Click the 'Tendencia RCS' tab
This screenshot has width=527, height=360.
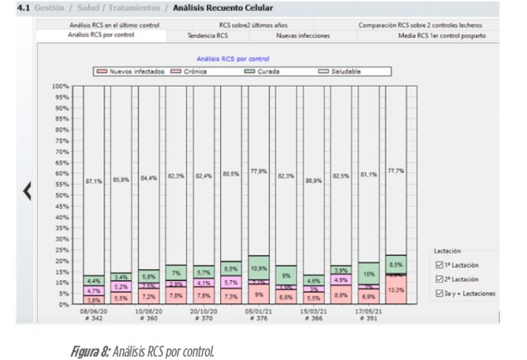pyautogui.click(x=208, y=36)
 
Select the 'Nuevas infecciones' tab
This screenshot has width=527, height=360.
pyautogui.click(x=303, y=36)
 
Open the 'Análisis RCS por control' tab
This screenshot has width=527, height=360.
pyautogui.click(x=102, y=36)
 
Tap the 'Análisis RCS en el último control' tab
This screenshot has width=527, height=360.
pyautogui.click(x=114, y=25)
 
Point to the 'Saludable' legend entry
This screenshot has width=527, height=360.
pyautogui.click(x=340, y=72)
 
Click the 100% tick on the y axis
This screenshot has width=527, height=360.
pyautogui.click(x=59, y=86)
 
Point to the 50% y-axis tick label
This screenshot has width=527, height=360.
pyautogui.click(x=61, y=195)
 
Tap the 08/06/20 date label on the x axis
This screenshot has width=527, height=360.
pyautogui.click(x=94, y=311)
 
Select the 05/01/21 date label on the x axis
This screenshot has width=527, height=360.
pyautogui.click(x=257, y=311)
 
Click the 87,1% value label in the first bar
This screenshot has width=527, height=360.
pyautogui.click(x=94, y=180)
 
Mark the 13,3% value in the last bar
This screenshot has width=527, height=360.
pyautogui.click(x=396, y=290)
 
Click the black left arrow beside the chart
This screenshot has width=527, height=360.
pyautogui.click(x=27, y=190)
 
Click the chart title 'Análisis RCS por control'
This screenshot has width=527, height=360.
pyautogui.click(x=233, y=59)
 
